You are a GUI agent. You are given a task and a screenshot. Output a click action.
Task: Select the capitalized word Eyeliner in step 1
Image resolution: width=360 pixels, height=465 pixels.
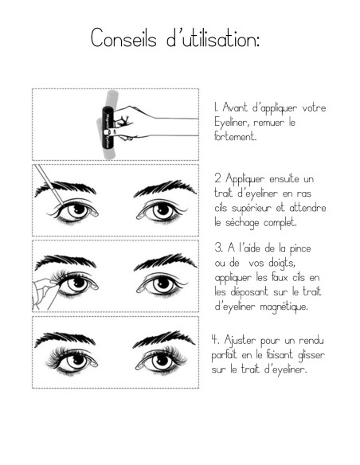click(233, 123)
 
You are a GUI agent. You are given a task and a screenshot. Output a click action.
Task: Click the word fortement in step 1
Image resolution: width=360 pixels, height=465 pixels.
click(235, 137)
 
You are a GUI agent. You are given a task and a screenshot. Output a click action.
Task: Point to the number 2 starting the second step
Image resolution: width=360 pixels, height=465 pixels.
click(217, 180)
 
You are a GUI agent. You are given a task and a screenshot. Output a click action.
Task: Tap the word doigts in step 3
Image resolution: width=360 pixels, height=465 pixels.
click(285, 264)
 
